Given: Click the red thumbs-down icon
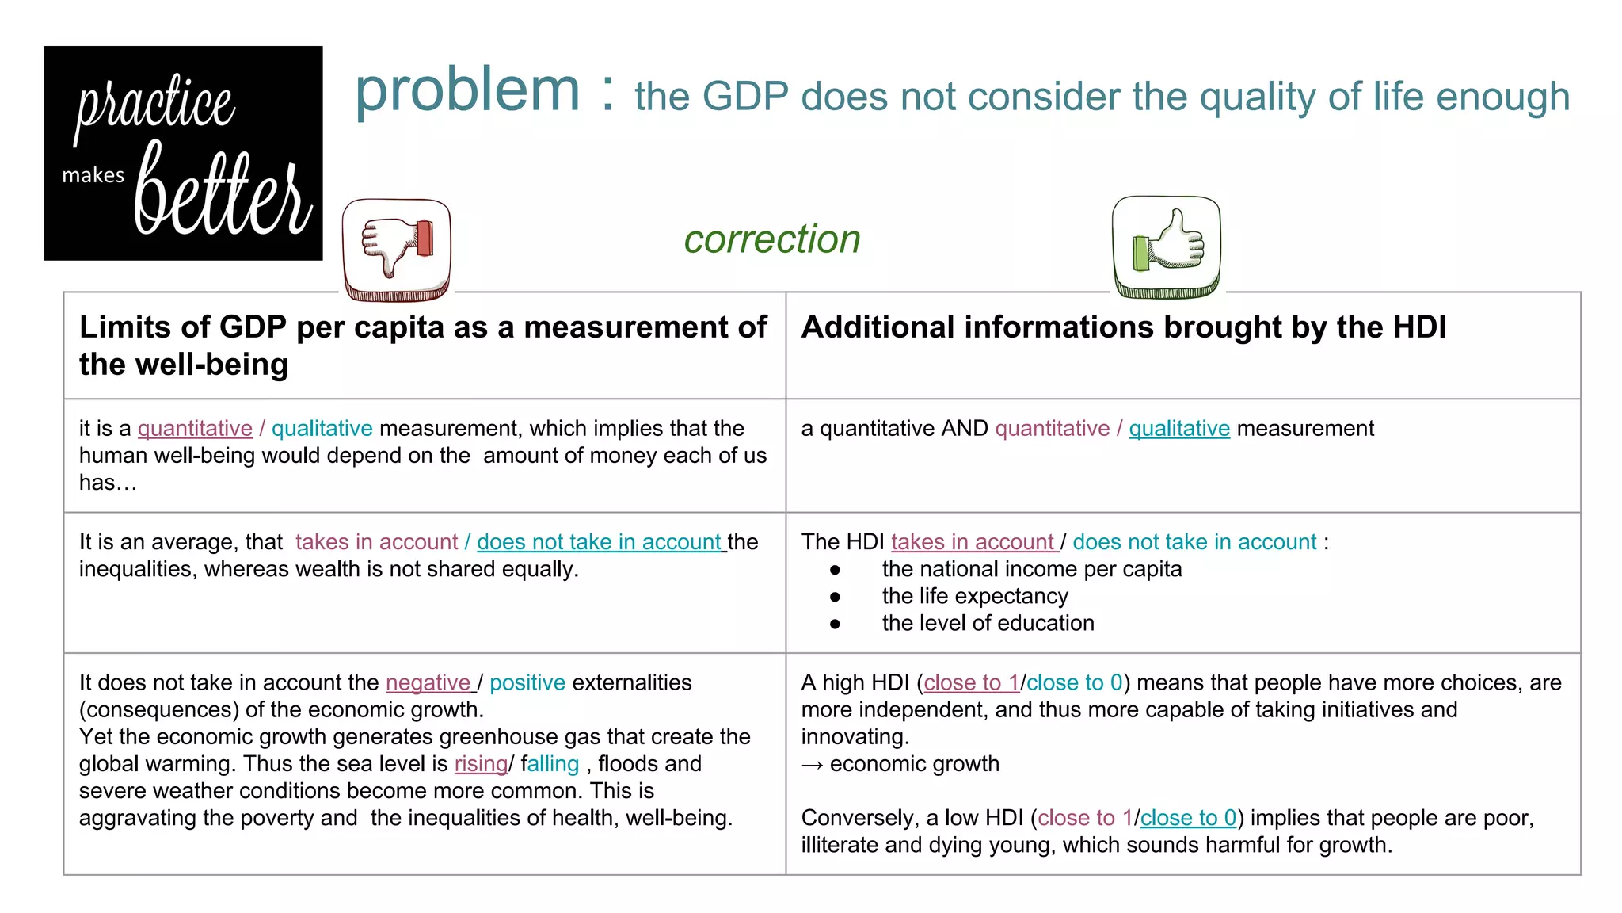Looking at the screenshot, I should (x=397, y=250).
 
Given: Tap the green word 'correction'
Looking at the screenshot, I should (x=772, y=239).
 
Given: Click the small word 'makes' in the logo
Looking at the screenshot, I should (x=93, y=175).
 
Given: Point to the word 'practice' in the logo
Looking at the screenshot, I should (x=156, y=105).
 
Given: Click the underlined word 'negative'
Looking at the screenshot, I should (x=428, y=682).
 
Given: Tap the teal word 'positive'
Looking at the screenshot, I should (x=527, y=682).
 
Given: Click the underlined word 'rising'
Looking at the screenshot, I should (x=481, y=764).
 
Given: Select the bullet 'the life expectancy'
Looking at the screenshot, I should (x=975, y=596).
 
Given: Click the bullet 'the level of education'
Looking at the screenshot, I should (x=988, y=623).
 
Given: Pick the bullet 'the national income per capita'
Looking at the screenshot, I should (x=1031, y=569).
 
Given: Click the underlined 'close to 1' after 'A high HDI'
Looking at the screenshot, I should (x=971, y=682).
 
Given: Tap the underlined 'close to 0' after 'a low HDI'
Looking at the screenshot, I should (x=1188, y=818).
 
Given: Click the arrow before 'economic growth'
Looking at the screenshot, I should (x=812, y=765).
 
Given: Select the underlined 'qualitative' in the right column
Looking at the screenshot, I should (x=1178, y=429).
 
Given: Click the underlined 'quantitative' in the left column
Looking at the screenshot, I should (x=195, y=429).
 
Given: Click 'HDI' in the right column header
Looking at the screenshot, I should (x=1418, y=327).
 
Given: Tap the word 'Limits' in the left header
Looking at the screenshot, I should (x=124, y=327).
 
